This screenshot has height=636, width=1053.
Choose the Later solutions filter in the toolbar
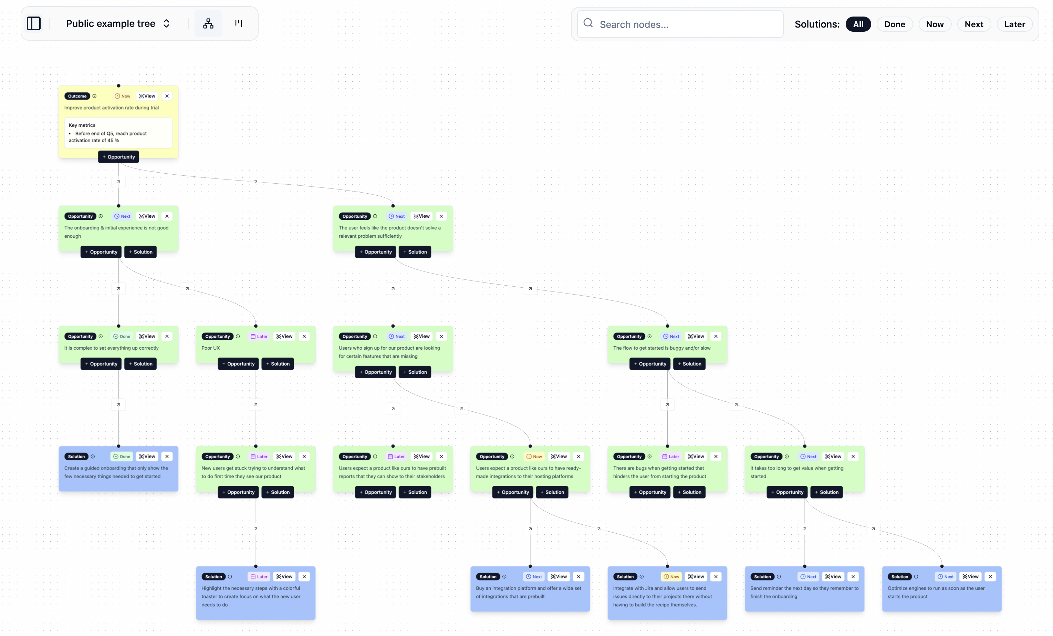point(1014,24)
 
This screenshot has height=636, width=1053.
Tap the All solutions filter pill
point(858,24)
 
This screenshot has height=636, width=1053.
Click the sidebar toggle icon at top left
point(34,23)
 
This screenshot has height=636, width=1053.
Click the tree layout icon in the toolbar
point(208,23)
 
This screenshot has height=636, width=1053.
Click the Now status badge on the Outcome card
point(123,96)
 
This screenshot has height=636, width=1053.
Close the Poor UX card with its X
point(304,337)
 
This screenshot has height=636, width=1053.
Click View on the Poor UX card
point(285,337)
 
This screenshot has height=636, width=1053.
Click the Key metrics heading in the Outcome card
point(82,125)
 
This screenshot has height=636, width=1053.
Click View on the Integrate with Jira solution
point(696,577)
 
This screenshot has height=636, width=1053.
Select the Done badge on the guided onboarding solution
point(122,457)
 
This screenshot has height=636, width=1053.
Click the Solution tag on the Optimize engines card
point(899,577)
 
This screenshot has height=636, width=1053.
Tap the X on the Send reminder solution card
point(853,577)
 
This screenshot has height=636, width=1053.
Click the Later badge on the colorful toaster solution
point(259,577)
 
